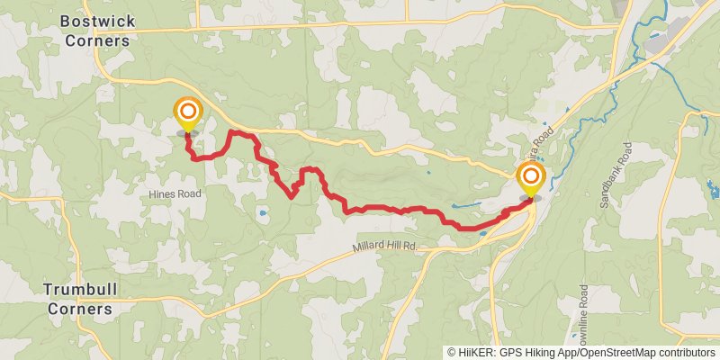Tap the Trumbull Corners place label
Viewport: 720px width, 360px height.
tap(80, 299)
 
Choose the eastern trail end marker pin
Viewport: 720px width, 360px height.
tap(530, 177)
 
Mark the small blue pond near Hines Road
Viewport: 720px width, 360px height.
tap(261, 214)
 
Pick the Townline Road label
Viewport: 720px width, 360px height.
tap(584, 319)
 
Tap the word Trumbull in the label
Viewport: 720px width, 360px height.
tap(80, 289)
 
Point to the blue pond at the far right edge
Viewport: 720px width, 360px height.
tap(713, 190)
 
